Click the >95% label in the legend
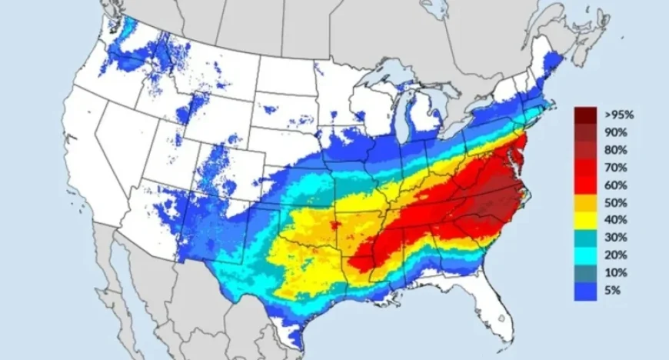[618, 115]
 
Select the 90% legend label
[615, 132]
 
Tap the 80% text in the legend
[615, 150]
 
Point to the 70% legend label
[615, 168]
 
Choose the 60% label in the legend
[615, 185]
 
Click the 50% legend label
[615, 203]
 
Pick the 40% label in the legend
[615, 221]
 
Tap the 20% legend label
[615, 255]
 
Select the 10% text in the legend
[615, 273]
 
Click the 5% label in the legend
[612, 291]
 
